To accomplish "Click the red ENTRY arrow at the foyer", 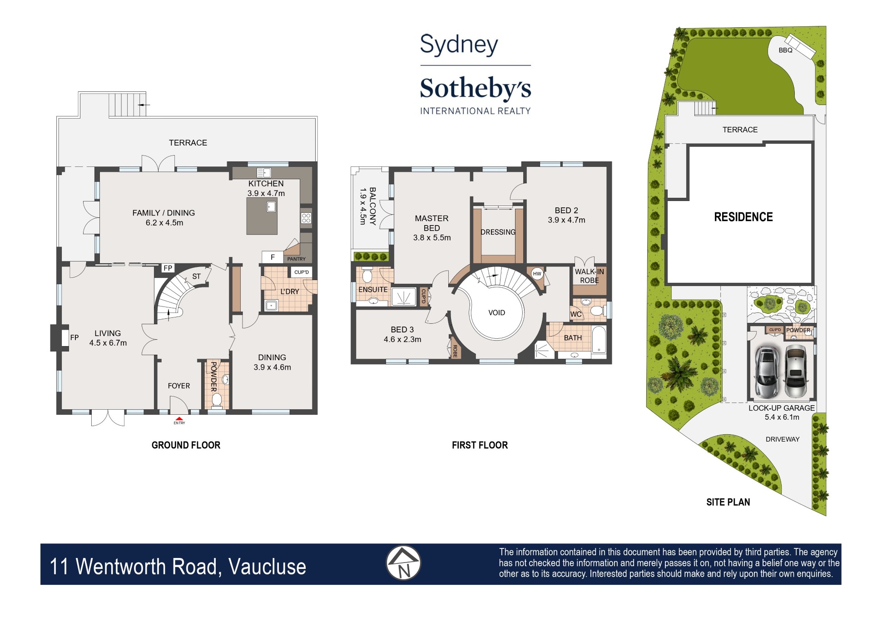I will pyautogui.click(x=179, y=418).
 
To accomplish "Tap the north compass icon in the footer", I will pyautogui.click(x=403, y=563).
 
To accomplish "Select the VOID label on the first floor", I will pyautogui.click(x=496, y=313).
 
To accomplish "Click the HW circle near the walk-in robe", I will pyautogui.click(x=537, y=274).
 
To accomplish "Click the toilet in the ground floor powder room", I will pyautogui.click(x=217, y=400).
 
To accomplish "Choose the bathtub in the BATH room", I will pyautogui.click(x=599, y=339).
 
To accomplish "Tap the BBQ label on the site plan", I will pyautogui.click(x=785, y=50).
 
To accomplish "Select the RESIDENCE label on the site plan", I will pyautogui.click(x=743, y=217).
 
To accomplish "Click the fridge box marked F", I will pyautogui.click(x=272, y=257).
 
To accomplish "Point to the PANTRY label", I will pyautogui.click(x=296, y=259).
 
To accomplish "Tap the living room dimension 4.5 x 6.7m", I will pyautogui.click(x=108, y=343).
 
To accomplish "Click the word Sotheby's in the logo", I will pyautogui.click(x=475, y=89).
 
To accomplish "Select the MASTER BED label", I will pyautogui.click(x=431, y=223).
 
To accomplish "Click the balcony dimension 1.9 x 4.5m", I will pyautogui.click(x=362, y=206).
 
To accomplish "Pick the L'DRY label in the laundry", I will pyautogui.click(x=290, y=291).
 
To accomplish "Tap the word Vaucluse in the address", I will pyautogui.click(x=267, y=567).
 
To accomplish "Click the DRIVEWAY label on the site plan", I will pyautogui.click(x=782, y=439).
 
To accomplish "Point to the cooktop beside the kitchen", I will pyautogui.click(x=306, y=218).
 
